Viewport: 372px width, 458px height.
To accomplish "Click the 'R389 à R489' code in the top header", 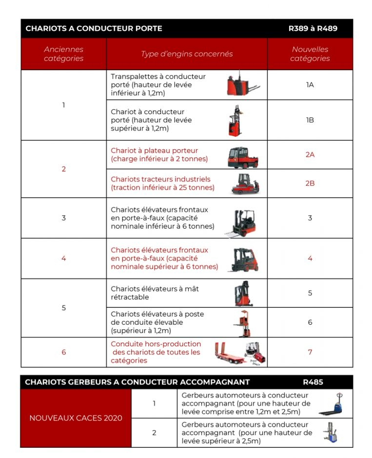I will [313, 28].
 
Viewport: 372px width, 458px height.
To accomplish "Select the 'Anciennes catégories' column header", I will [63, 54].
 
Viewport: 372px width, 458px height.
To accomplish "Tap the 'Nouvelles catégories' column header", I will [310, 54].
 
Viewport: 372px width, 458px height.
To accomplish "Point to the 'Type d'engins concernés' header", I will [187, 54].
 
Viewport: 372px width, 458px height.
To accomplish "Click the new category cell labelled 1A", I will [310, 84].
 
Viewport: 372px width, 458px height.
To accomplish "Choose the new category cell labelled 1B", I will [310, 119].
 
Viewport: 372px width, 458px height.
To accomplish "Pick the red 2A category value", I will [310, 155].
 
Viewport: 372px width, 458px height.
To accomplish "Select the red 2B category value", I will [310, 183].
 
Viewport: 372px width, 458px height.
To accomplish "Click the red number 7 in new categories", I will [310, 352].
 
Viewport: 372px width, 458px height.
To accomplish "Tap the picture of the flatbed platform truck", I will [243, 157].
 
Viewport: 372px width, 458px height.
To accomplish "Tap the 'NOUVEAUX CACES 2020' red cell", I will [76, 418].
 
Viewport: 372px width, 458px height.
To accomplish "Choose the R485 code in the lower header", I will [313, 382].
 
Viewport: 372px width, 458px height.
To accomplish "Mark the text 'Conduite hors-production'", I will [156, 344].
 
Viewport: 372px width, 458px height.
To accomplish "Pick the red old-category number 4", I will [63, 258].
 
